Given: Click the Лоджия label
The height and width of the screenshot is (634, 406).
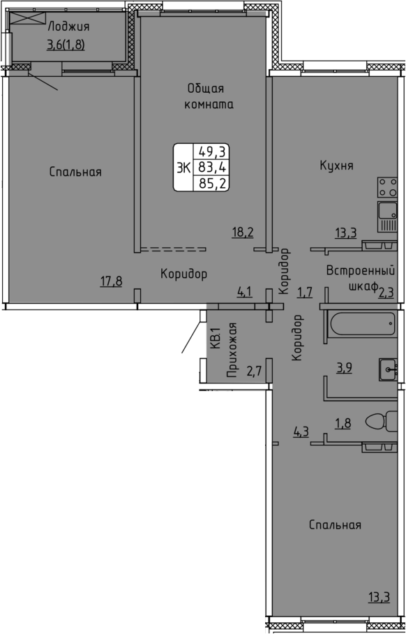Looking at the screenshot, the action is pyautogui.click(x=68, y=27).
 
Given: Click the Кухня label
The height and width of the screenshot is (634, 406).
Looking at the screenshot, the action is pyautogui.click(x=337, y=165).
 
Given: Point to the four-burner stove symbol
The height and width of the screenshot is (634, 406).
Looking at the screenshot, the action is pyautogui.click(x=388, y=188).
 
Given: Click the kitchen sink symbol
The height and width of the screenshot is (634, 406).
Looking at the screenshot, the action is pyautogui.click(x=388, y=216).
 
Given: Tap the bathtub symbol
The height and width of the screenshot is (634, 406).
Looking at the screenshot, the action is pyautogui.click(x=363, y=323).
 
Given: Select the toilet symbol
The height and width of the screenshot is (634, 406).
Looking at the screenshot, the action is pyautogui.click(x=382, y=421).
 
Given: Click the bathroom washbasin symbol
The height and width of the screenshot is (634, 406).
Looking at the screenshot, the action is pyautogui.click(x=389, y=369).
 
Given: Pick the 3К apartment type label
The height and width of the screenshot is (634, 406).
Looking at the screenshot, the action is pyautogui.click(x=183, y=168).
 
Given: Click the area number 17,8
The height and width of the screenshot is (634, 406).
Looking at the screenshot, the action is pyautogui.click(x=111, y=281).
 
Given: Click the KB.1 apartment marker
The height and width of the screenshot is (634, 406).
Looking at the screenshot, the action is pyautogui.click(x=216, y=338).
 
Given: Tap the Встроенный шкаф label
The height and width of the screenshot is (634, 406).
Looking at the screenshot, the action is pyautogui.click(x=361, y=278).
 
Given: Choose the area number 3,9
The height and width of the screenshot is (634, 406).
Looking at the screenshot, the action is pyautogui.click(x=344, y=369).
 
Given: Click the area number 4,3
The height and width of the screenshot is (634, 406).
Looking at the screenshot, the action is pyautogui.click(x=301, y=431).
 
